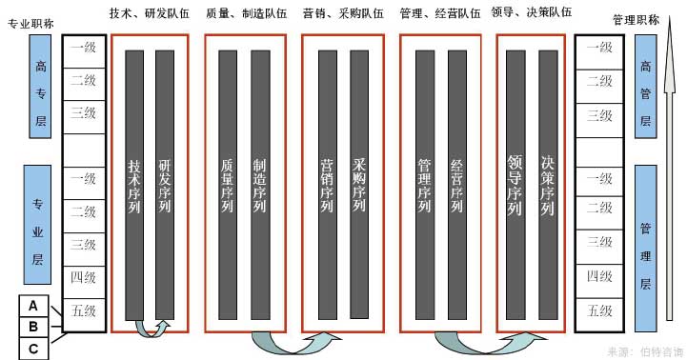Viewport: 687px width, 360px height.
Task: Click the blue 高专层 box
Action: point(41,86)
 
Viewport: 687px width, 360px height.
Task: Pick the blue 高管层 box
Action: point(645,86)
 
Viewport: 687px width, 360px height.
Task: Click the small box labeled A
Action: point(33,306)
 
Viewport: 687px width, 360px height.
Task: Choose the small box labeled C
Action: point(33,348)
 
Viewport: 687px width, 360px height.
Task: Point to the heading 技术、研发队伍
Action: point(150,13)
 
